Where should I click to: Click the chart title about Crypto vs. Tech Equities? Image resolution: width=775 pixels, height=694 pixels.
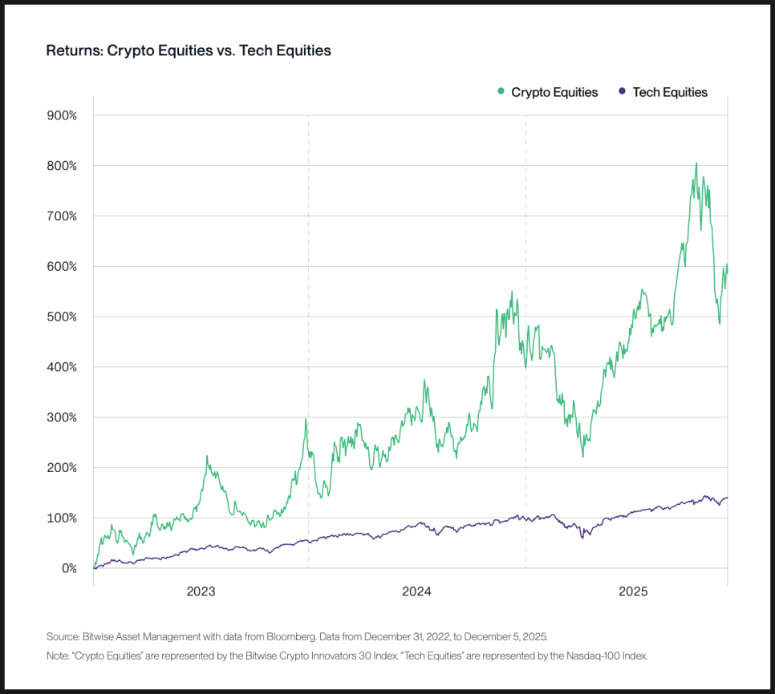pos(189,50)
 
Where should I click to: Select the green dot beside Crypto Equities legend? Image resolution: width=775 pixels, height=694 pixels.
pos(501,91)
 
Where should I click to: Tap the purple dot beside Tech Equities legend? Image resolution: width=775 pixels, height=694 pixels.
pos(623,91)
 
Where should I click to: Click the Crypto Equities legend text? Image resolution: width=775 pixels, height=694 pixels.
pos(554,92)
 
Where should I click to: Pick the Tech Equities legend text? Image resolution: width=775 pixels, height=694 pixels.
pos(670,92)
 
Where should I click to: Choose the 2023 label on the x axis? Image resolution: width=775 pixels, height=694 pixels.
pos(201,592)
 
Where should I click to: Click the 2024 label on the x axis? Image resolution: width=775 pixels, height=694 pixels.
pos(417,592)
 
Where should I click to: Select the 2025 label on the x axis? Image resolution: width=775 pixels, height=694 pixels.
pos(633,592)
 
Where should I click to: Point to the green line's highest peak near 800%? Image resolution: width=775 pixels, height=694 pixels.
pos(696,163)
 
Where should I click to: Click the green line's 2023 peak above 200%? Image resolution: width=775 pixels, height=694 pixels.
pos(207,456)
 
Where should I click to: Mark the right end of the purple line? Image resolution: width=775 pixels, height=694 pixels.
pos(727,498)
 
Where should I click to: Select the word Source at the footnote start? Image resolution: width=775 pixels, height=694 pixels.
pos(63,637)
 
